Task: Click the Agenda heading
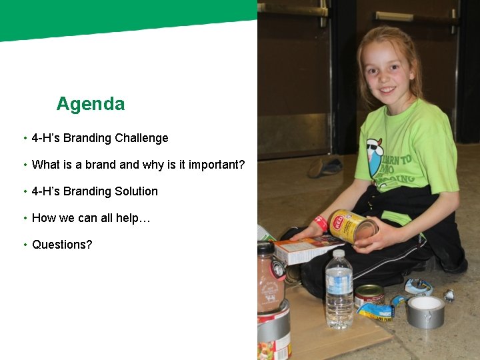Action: click(x=90, y=104)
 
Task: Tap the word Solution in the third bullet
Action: click(x=135, y=191)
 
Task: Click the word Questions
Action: click(x=62, y=245)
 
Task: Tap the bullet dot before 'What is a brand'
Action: click(x=25, y=165)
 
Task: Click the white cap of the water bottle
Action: click(x=338, y=254)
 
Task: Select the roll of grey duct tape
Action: click(x=425, y=311)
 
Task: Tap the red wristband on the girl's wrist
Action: click(x=321, y=223)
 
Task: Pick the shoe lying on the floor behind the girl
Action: click(x=325, y=166)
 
